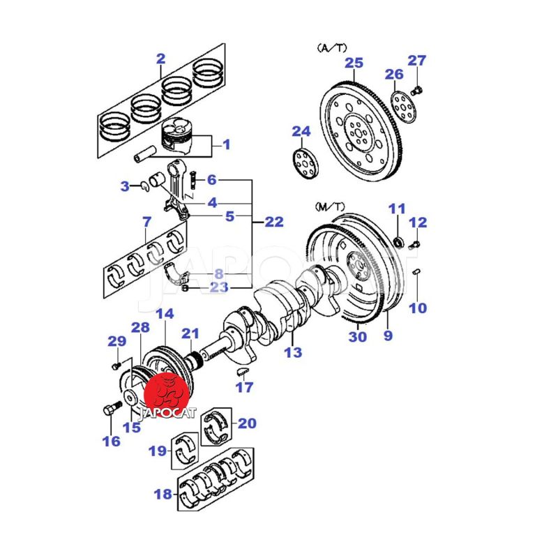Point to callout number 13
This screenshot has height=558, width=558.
[x=293, y=352]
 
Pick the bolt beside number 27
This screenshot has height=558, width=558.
[x=416, y=89]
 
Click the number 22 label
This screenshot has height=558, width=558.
[x=273, y=222]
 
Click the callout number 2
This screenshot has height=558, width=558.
[x=160, y=59]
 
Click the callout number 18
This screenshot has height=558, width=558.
[x=162, y=495]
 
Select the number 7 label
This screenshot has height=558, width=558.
[x=146, y=223]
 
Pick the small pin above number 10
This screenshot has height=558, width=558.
[x=416, y=271]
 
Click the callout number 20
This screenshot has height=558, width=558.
[x=247, y=423]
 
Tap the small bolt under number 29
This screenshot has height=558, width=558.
[x=115, y=365]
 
